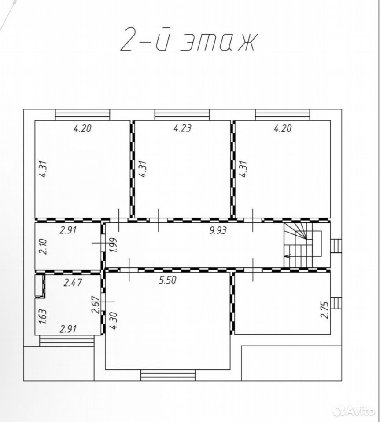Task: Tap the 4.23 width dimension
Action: pyautogui.click(x=182, y=128)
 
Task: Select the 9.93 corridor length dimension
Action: pyautogui.click(x=218, y=230)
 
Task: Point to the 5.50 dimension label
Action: pyautogui.click(x=168, y=280)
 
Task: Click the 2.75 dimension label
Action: pyautogui.click(x=325, y=310)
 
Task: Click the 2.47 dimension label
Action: pyautogui.click(x=73, y=283)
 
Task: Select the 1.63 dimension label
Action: pyautogui.click(x=44, y=317)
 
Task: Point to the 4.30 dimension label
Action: pyautogui.click(x=114, y=321)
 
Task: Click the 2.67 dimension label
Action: pyautogui.click(x=96, y=305)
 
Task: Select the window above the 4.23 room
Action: pyautogui.click(x=182, y=115)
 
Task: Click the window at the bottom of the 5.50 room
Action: pyautogui.click(x=168, y=375)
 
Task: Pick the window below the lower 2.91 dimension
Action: pyautogui.click(x=67, y=340)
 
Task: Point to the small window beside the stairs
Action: pyautogui.click(x=336, y=245)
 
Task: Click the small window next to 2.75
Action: pyautogui.click(x=336, y=303)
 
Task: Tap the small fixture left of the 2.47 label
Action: pyautogui.click(x=40, y=286)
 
